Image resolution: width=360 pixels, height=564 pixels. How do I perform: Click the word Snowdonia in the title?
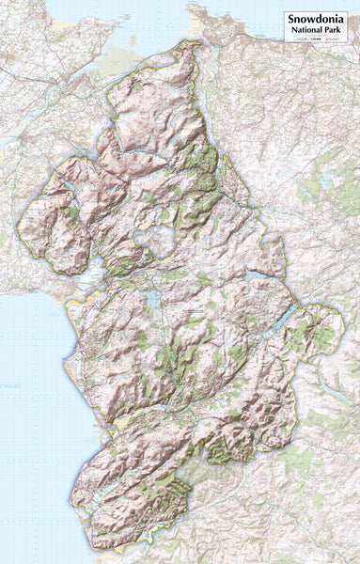point(317,18)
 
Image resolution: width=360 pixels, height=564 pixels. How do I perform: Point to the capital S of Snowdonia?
point(291,18)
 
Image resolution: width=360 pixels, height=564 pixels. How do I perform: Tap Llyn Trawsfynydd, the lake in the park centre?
point(149,300)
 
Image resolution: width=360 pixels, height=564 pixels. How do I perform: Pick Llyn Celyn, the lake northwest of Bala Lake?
point(253,278)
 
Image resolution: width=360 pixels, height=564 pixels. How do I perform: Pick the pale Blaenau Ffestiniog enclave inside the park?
point(155,240)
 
